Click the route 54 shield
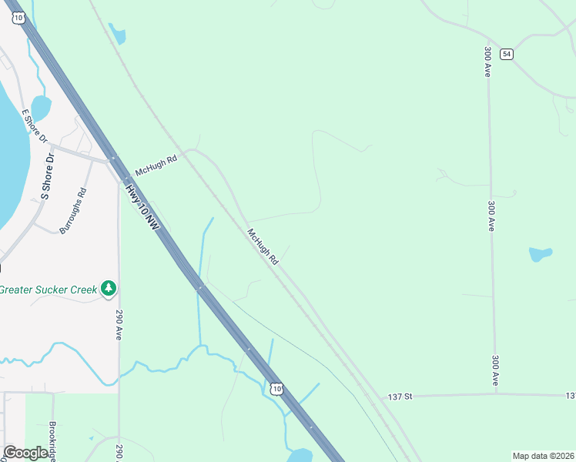[506, 54]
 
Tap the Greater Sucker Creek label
[49, 290]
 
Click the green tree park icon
[109, 289]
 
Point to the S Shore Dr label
[47, 176]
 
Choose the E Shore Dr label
[35, 127]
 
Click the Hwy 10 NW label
[144, 208]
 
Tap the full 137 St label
[400, 397]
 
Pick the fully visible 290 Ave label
[119, 326]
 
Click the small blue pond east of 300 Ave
[541, 253]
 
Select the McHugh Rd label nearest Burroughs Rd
[156, 164]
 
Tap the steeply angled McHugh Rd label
[263, 247]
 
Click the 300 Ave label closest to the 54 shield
[488, 61]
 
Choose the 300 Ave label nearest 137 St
[495, 370]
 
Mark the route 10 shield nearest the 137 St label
[276, 389]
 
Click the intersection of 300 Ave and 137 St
[496, 395]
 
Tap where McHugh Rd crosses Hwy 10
[113, 159]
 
